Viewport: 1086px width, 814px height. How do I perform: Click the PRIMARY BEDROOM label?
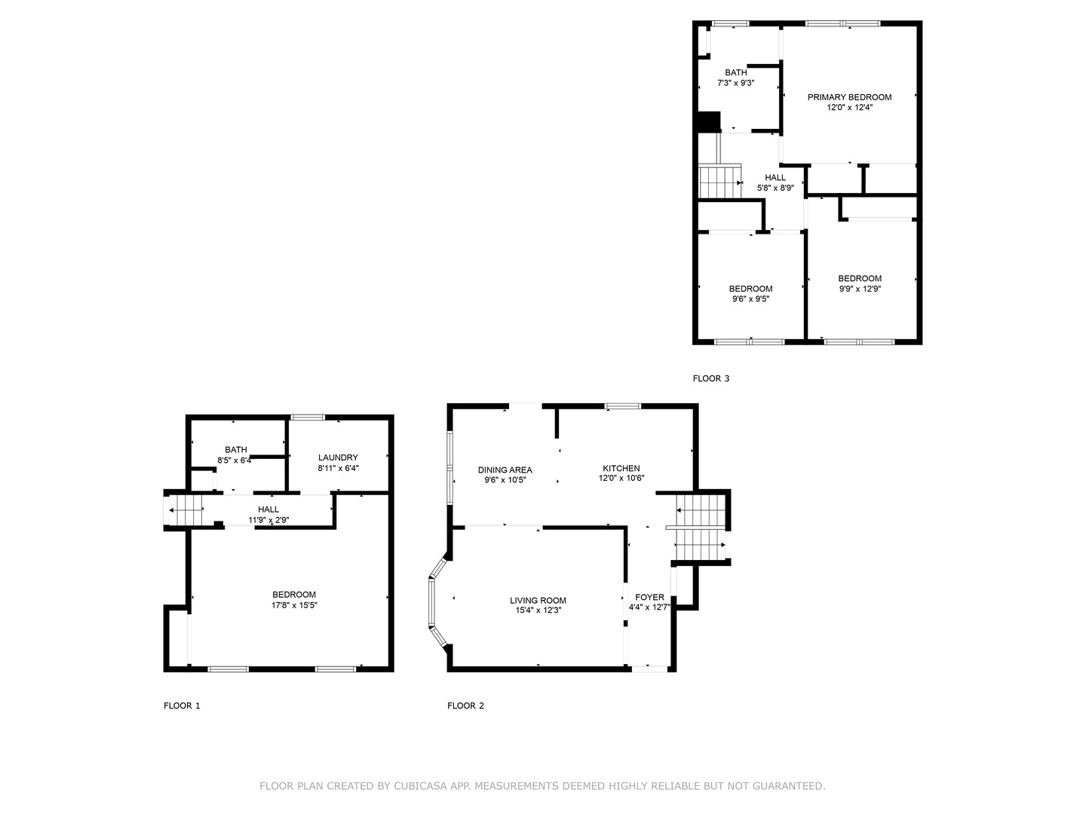[x=849, y=97]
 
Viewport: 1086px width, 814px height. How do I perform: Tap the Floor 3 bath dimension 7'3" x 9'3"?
[x=735, y=84]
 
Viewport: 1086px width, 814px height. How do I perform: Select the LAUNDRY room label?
[x=338, y=457]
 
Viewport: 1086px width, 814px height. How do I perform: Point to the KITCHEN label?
[x=621, y=468]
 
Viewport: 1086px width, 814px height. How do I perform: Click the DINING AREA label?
[x=505, y=470]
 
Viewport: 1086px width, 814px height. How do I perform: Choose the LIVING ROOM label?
[x=538, y=601]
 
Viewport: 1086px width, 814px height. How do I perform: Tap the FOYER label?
[x=649, y=597]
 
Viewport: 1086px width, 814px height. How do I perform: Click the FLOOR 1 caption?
[x=182, y=706]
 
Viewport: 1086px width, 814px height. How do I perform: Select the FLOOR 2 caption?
[x=465, y=706]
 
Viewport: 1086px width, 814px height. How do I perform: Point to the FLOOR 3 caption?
[x=711, y=378]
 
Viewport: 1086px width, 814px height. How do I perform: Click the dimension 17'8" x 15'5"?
[x=294, y=605]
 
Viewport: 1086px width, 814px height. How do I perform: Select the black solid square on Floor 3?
[x=709, y=121]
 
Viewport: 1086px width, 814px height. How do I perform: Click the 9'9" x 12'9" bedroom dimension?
[x=860, y=289]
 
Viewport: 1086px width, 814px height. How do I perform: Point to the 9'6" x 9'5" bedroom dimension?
[x=750, y=299]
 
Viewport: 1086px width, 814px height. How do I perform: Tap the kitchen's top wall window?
[x=623, y=407]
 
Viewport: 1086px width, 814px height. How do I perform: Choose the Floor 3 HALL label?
[x=775, y=178]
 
